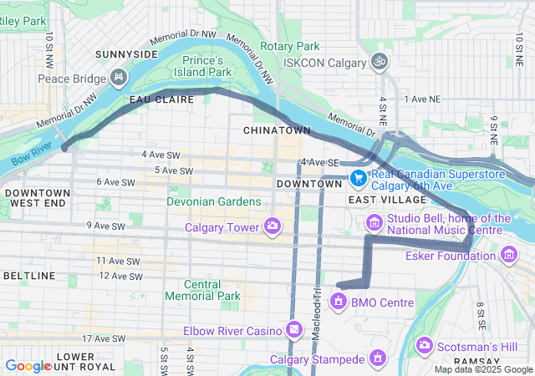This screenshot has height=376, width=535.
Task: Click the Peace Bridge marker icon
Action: tap(118, 79)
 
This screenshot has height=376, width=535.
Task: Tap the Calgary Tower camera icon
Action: tap(272, 226)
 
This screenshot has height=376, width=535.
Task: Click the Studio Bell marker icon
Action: tap(373, 221)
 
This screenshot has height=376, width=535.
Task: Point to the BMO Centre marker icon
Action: tap(339, 301)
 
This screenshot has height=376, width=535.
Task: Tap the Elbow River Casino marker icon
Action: tap(293, 330)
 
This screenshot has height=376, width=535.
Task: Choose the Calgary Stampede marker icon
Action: tap(378, 359)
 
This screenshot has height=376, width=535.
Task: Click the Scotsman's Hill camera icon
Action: tap(425, 345)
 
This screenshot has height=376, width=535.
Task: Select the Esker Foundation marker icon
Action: tap(509, 254)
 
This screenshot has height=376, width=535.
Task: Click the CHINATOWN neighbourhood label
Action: tap(277, 131)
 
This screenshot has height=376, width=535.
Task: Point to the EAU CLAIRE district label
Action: tap(161, 99)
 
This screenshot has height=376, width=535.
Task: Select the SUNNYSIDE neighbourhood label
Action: tap(126, 54)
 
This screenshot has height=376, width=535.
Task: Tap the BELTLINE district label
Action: tap(29, 275)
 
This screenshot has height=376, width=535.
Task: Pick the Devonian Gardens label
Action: tap(215, 202)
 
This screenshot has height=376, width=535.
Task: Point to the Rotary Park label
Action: tap(290, 46)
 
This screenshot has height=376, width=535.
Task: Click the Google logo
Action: tap(28, 365)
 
